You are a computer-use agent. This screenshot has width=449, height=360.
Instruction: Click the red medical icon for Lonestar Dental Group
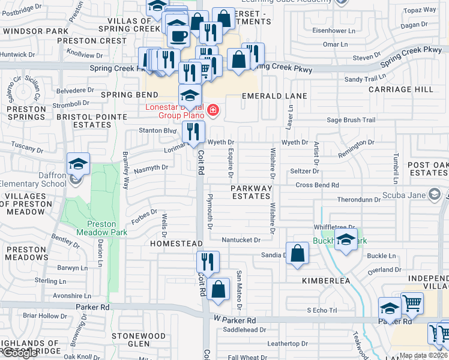coord(212,110)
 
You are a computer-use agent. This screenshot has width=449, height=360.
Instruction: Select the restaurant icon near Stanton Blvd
coord(193,132)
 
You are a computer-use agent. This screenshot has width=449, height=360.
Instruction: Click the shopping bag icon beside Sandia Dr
coord(297,253)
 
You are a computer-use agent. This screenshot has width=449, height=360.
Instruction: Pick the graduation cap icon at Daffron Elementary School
coord(78,164)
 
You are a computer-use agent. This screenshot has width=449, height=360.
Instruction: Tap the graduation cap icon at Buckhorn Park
coord(346,239)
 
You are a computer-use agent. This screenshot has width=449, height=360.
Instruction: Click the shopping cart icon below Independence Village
coord(412,304)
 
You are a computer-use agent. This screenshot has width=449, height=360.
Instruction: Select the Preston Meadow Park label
coord(96,227)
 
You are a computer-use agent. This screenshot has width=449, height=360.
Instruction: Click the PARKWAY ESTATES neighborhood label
coord(251,192)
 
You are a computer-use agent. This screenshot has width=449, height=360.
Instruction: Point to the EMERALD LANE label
coord(274,96)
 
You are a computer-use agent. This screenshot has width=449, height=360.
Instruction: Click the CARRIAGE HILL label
coord(401,89)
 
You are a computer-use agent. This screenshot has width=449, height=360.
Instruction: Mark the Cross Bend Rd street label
coord(317,185)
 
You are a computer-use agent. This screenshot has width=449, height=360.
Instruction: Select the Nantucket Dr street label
coord(241,239)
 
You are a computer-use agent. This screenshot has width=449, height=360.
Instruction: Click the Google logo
coord(19,353)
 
